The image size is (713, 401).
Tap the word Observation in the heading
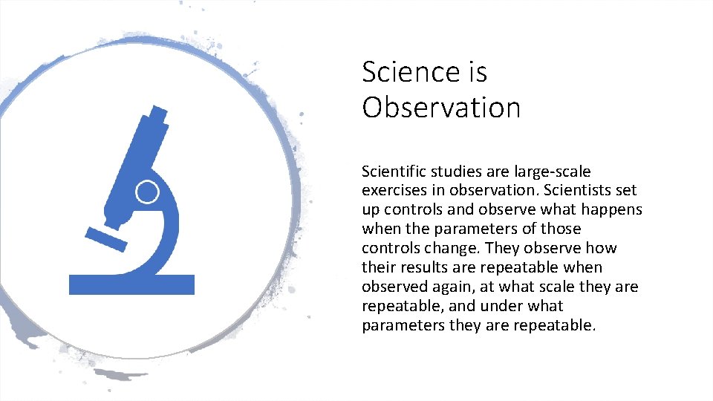pyautogui.click(x=441, y=108)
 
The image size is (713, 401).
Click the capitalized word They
pyautogui.click(x=501, y=248)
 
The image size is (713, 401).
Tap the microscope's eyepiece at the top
pyautogui.click(x=157, y=116)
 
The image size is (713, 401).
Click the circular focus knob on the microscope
pyautogui.click(x=147, y=192)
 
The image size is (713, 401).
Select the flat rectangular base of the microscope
pyautogui.click(x=131, y=284)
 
